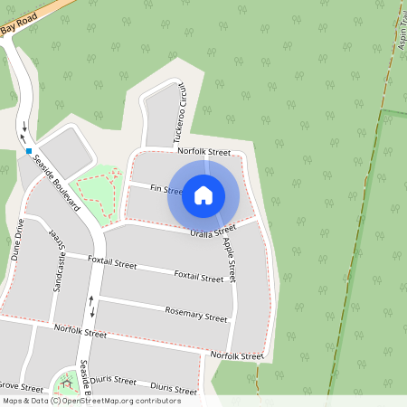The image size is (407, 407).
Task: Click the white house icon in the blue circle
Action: pos(203,194)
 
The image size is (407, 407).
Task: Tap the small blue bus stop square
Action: pos(29,151)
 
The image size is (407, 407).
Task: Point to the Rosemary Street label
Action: pos(196,317)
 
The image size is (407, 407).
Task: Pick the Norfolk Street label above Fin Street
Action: pos(204,152)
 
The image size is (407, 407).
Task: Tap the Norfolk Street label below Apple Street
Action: pos(236,356)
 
